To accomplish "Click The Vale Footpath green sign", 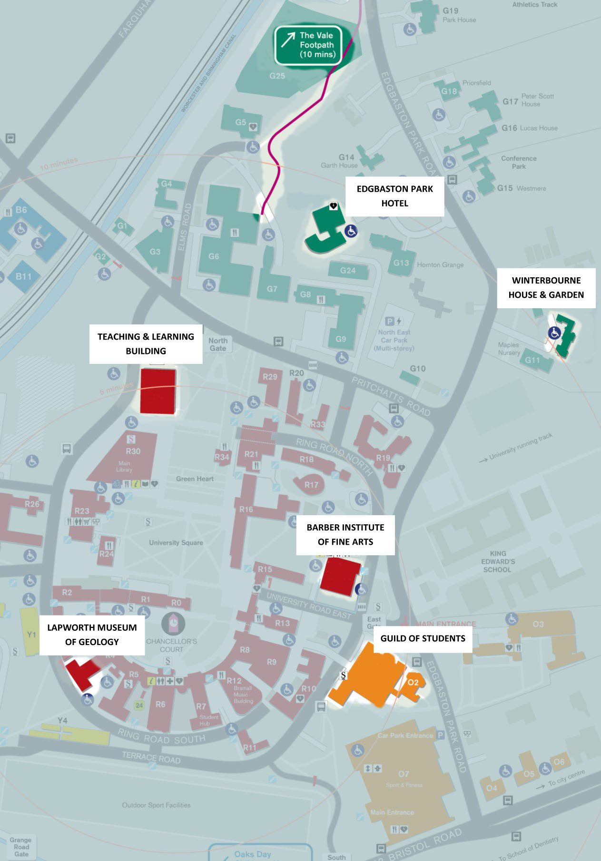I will (x=308, y=45).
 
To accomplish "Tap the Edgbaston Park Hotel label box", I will (x=394, y=196).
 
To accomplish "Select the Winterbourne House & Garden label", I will (x=546, y=287).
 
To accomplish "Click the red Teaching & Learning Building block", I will (x=158, y=391).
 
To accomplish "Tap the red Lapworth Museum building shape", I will (x=81, y=673).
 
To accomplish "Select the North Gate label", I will (x=218, y=344).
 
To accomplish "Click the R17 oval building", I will (x=311, y=485).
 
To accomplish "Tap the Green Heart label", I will (x=195, y=479).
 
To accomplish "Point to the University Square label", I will (x=176, y=542).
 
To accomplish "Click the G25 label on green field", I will (x=277, y=76).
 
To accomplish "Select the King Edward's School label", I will (x=498, y=561).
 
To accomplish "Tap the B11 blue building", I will (x=24, y=276).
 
